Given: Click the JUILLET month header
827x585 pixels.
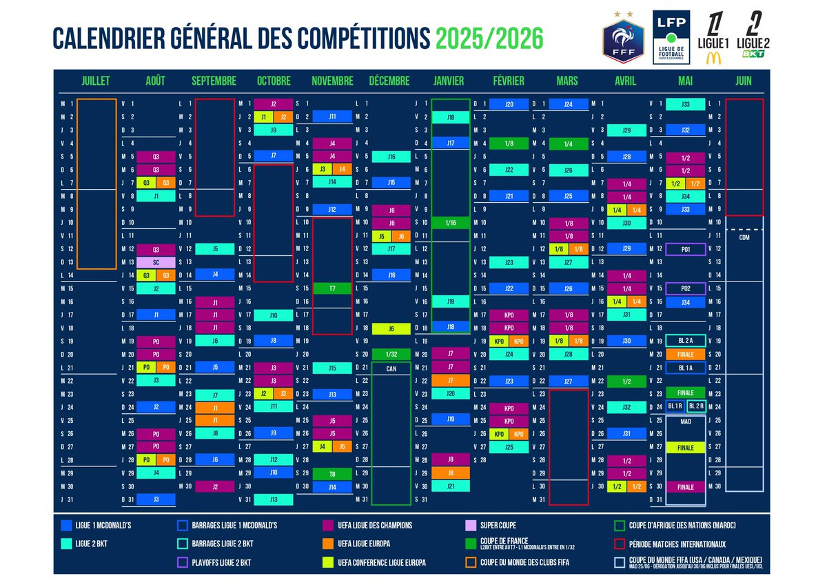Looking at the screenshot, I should click(96, 81).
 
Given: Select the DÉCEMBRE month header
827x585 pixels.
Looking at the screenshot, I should click(389, 81).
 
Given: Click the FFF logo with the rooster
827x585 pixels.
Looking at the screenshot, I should click(623, 43).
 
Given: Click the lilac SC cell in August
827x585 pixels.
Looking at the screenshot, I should click(156, 262).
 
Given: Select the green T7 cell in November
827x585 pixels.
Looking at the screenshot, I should click(332, 288).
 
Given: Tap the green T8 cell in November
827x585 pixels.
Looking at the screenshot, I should click(332, 474).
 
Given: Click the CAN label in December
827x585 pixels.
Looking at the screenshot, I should click(390, 368).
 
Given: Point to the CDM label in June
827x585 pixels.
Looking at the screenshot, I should click(744, 238).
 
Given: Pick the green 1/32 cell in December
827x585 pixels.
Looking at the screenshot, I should click(391, 354).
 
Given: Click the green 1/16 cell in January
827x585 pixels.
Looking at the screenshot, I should click(450, 223).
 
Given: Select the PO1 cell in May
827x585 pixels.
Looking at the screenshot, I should click(686, 249).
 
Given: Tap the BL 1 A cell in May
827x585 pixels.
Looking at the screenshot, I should click(686, 368).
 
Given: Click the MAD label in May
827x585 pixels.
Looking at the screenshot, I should click(686, 421).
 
